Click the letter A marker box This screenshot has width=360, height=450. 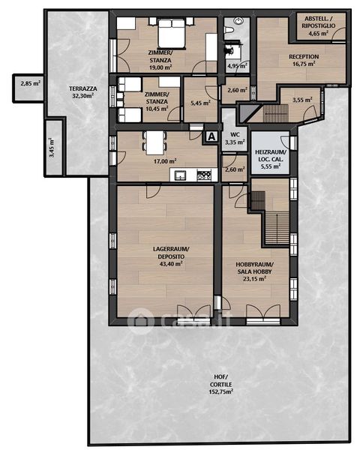tap(211, 136)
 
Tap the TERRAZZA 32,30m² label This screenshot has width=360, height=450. tap(83, 92)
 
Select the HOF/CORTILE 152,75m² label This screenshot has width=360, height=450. tap(220, 385)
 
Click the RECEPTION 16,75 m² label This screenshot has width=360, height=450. tap(304, 60)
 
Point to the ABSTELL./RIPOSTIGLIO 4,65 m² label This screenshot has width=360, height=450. tap(318, 25)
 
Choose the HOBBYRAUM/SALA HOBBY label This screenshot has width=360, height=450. tap(255, 268)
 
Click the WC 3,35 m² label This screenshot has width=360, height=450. tap(235, 138)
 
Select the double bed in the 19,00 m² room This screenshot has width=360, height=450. tap(171, 33)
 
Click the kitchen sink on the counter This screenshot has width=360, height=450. tap(180, 175)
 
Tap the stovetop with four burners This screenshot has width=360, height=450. tap(204, 175)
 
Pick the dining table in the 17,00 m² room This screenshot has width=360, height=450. tap(154, 142)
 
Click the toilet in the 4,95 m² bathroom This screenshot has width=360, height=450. tap(229, 30)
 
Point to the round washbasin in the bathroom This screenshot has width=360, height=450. tap(238, 21)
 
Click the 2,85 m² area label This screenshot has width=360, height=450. tap(31, 84)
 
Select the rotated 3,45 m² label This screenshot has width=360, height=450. tap(52, 147)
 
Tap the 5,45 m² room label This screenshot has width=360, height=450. tap(200, 103)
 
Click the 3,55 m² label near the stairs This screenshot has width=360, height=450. tap(302, 100)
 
